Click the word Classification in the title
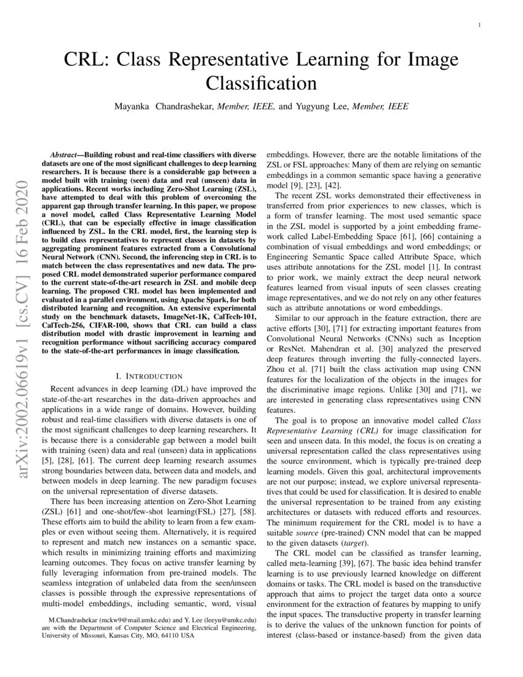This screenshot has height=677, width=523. pyautogui.click(x=261, y=82)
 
